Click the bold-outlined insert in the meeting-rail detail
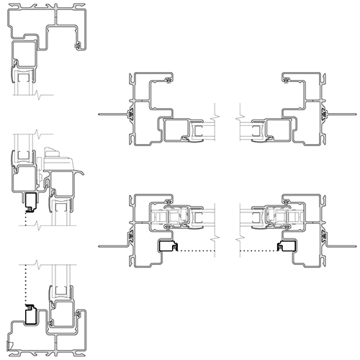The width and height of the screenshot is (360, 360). [x=31, y=202]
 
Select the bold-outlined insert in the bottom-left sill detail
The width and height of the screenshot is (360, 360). [x=31, y=314]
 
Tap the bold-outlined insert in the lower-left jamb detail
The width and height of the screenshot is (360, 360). [x=167, y=247]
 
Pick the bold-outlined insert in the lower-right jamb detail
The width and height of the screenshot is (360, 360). [x=287, y=247]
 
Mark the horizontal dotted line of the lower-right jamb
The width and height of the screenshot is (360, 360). [x=256, y=251]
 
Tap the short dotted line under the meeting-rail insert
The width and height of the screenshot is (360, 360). [x=25, y=222]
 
